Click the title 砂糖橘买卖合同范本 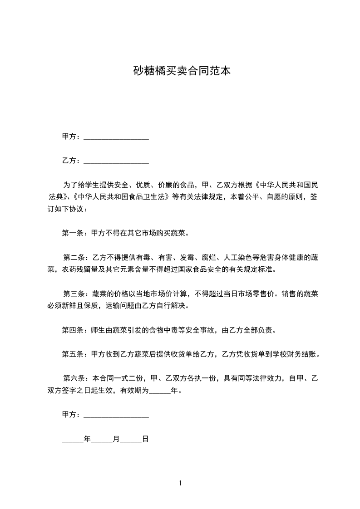(x=180, y=71)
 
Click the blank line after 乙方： (x=116, y=162)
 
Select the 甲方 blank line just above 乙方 (x=116, y=137)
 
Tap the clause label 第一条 (x=71, y=234)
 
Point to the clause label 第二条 (x=73, y=258)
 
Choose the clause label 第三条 (x=73, y=294)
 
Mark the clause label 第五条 (x=71, y=354)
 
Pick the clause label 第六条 (x=73, y=378)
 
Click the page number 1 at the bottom (x=180, y=483)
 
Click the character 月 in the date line (x=116, y=439)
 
